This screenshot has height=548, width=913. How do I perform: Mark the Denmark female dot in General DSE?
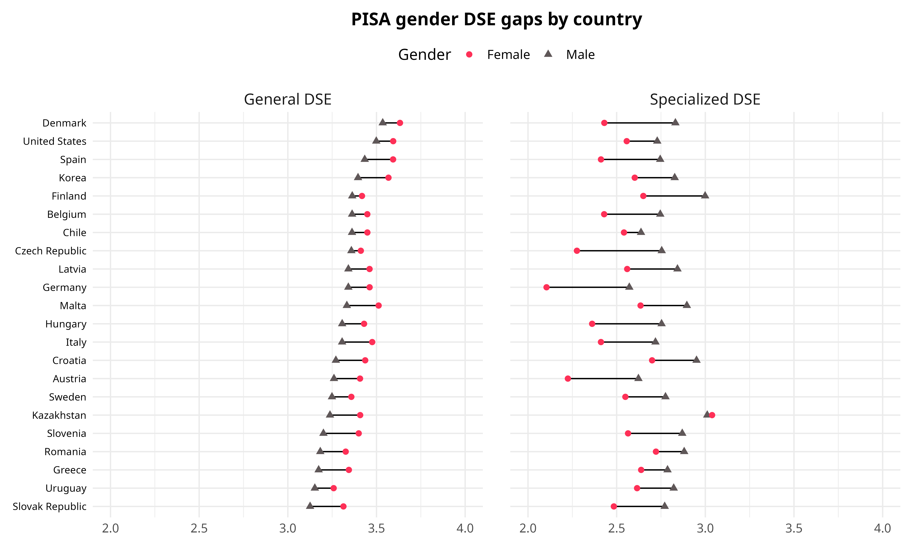[x=400, y=123]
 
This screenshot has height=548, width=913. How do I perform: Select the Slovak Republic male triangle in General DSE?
[x=310, y=506]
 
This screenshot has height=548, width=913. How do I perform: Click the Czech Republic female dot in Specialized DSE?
[x=577, y=251]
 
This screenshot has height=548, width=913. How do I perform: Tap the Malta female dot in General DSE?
[x=378, y=305]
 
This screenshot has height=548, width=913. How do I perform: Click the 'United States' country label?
[x=55, y=141]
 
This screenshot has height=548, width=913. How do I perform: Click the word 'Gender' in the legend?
[x=424, y=55]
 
